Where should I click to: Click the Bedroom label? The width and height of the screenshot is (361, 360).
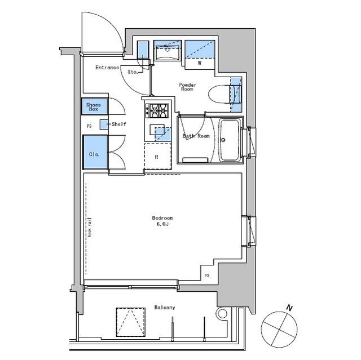click(x=162, y=217)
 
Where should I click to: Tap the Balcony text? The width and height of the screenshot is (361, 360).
click(x=165, y=308)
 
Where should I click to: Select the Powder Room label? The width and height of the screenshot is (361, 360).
click(x=187, y=87)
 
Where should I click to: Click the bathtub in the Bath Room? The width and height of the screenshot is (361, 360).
click(x=230, y=140)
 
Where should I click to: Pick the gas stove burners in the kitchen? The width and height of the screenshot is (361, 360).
click(x=157, y=111)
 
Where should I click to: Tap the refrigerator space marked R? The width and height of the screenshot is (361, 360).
click(x=158, y=156)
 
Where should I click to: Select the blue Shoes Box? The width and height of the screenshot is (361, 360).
click(x=94, y=106)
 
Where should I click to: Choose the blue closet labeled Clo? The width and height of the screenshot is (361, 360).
click(x=95, y=152)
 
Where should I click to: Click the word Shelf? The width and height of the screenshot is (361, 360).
click(x=119, y=125)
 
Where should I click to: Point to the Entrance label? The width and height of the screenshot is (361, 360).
click(x=107, y=68)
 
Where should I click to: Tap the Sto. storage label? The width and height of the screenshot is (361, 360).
click(x=133, y=72)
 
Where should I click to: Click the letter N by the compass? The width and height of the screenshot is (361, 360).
click(x=289, y=308)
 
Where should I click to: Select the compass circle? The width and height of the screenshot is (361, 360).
click(x=279, y=312)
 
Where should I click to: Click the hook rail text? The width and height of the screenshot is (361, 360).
click(x=90, y=227)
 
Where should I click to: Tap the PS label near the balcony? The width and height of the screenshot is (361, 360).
click(x=207, y=275)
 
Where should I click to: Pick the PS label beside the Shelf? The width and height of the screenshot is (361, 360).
click(x=89, y=126)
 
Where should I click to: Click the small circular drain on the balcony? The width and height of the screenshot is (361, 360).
click(x=222, y=314)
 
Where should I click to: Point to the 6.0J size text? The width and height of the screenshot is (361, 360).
click(x=162, y=224)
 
